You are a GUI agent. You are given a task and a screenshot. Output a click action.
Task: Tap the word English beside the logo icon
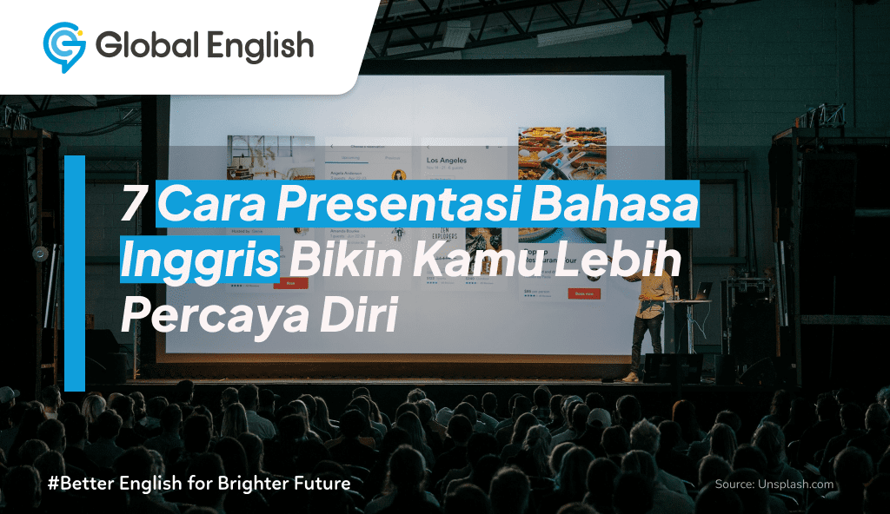coord(260,45)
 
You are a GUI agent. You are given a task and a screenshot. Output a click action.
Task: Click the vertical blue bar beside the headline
coord(75,273)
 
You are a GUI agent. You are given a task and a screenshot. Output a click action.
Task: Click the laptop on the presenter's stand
coord(701,291)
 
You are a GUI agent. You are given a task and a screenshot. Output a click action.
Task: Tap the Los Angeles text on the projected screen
coord(447,161)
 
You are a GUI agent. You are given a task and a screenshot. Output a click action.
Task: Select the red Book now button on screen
coord(584,293)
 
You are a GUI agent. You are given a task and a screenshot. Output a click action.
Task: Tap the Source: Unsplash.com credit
coord(774,484)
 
